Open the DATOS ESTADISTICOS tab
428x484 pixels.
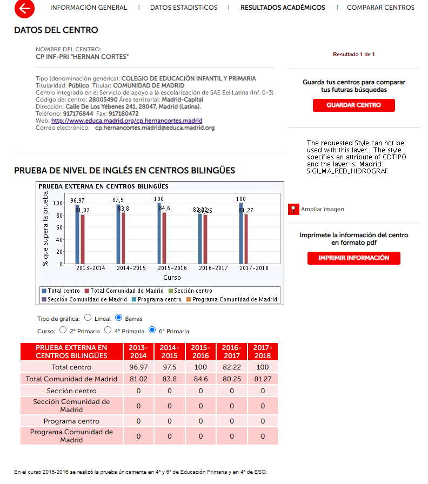pyautogui.click(x=184, y=8)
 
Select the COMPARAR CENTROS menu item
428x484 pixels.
pyautogui.click(x=380, y=8)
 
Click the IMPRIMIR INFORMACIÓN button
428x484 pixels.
pyautogui.click(x=353, y=258)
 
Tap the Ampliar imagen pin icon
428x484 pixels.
pyautogui.click(x=293, y=209)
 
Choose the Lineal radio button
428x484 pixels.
pyautogui.click(x=88, y=318)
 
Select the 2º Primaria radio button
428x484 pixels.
pyautogui.click(x=63, y=330)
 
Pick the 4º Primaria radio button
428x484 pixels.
pyautogui.click(x=108, y=330)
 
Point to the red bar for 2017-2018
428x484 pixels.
pyautogui.click(x=246, y=239)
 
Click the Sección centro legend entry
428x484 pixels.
pyautogui.click(x=192, y=291)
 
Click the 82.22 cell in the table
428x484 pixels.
pyautogui.click(x=232, y=367)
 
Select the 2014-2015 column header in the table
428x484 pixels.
pyautogui.click(x=169, y=351)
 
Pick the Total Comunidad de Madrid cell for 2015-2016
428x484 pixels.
pyautogui.click(x=200, y=379)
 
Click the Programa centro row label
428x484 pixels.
pyautogui.click(x=71, y=421)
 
